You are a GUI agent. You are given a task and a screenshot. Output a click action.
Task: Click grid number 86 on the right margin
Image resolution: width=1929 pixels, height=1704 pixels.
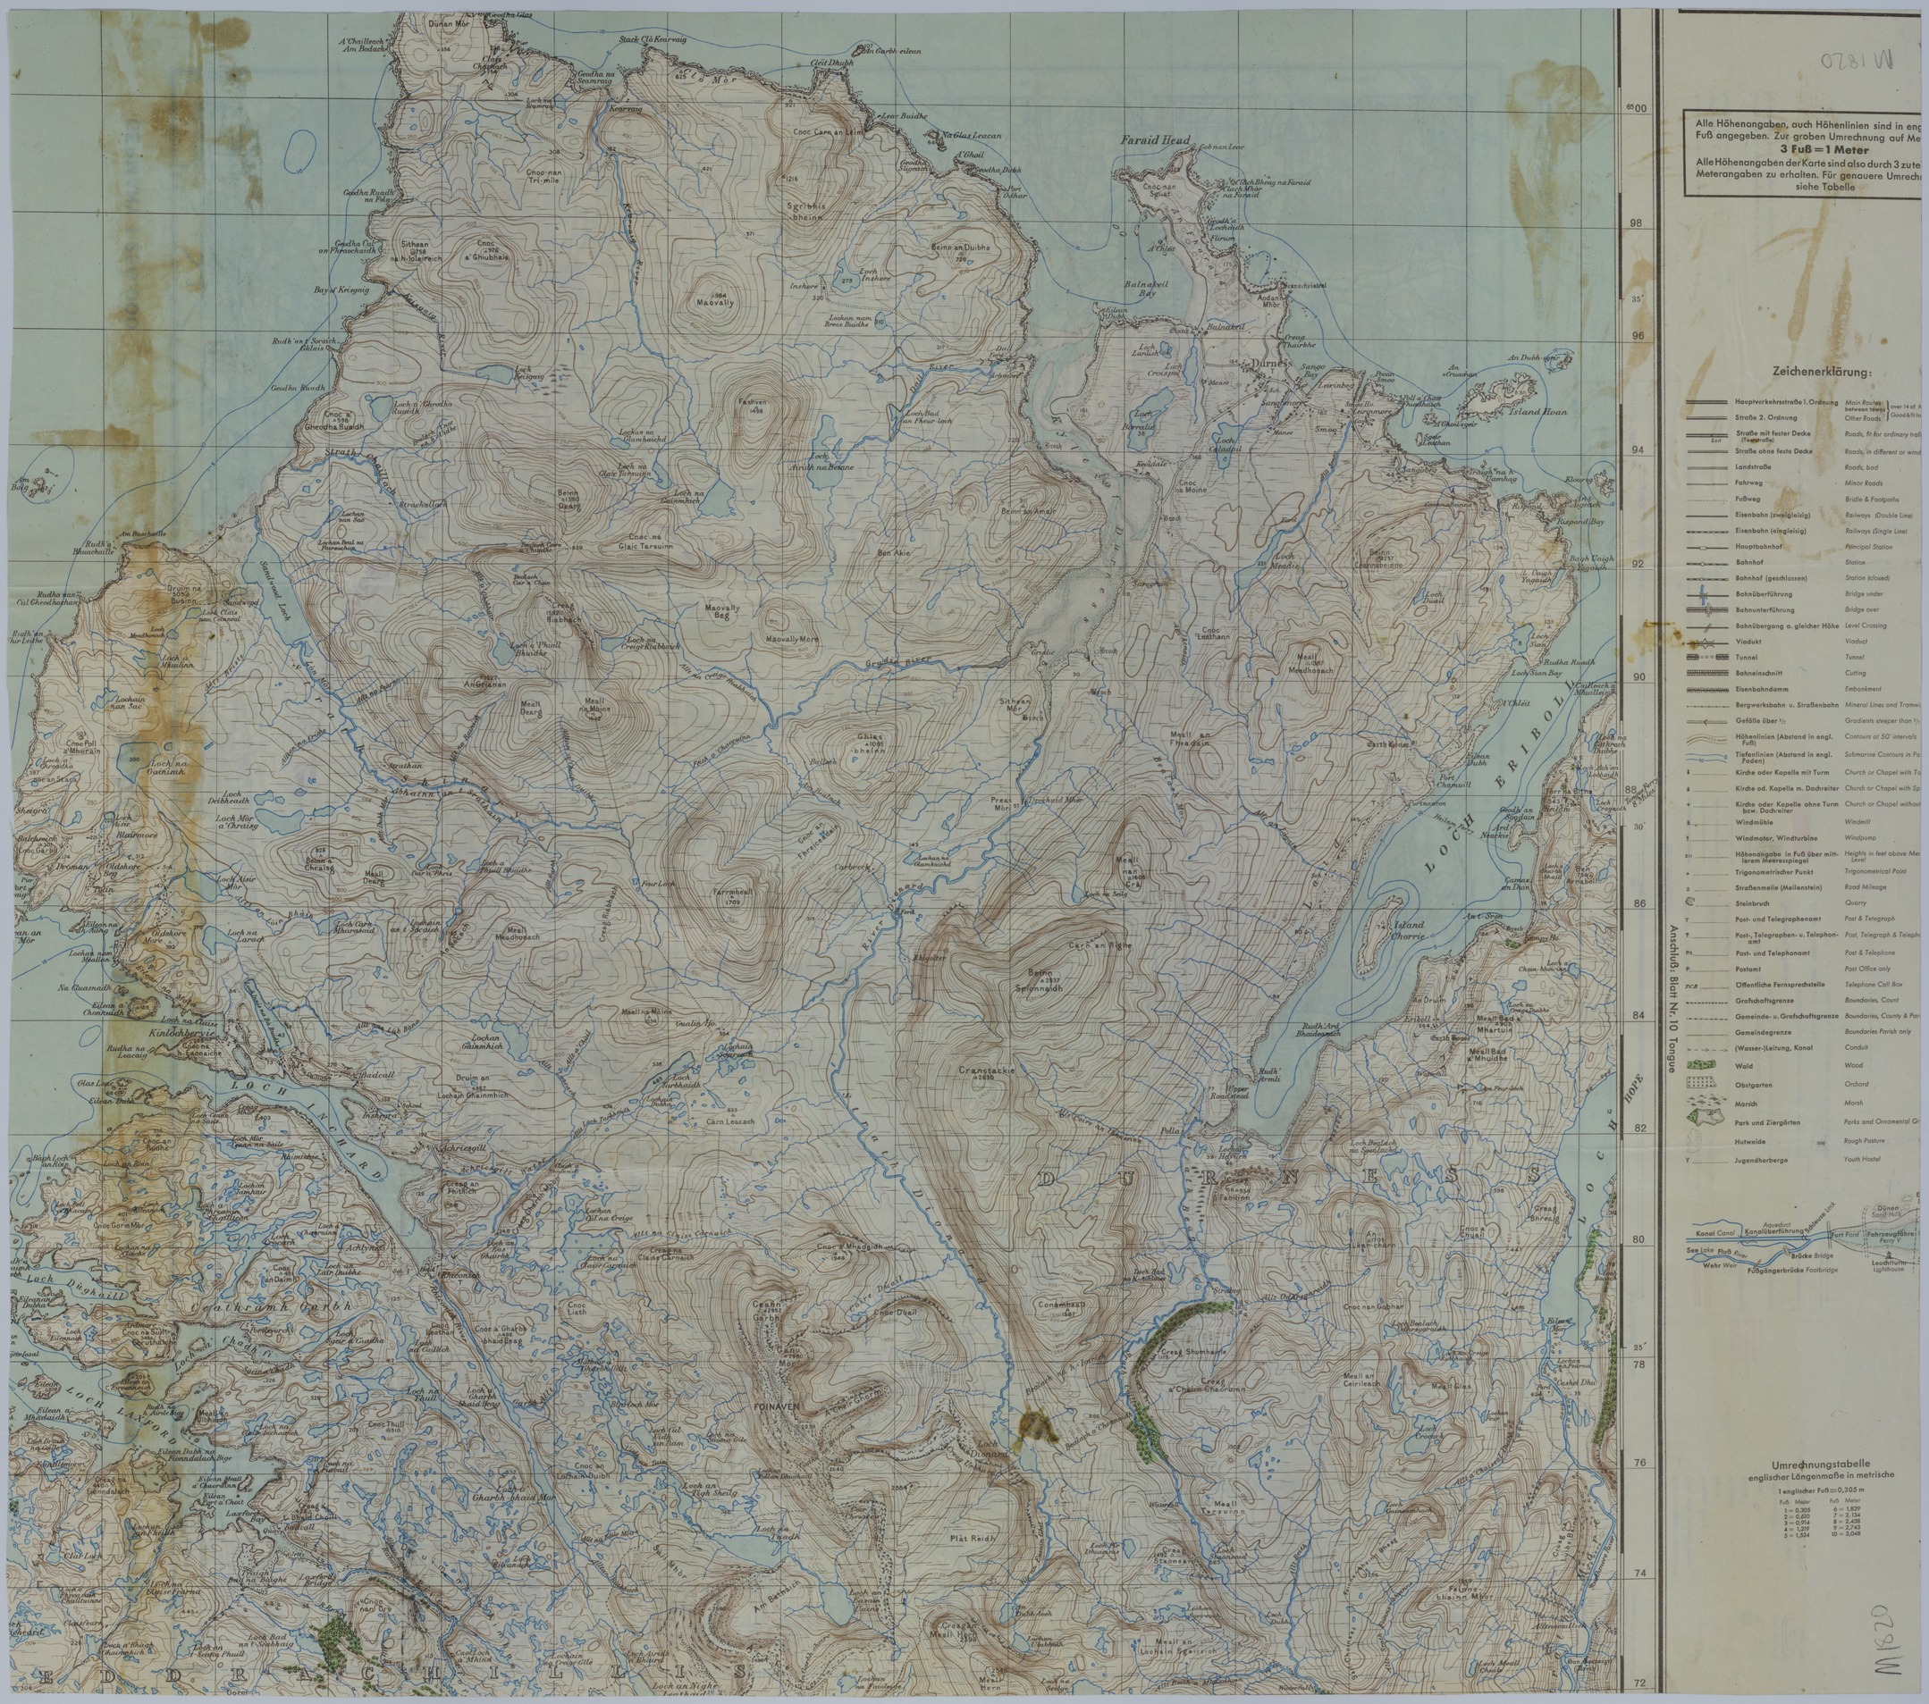point(1638,904)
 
